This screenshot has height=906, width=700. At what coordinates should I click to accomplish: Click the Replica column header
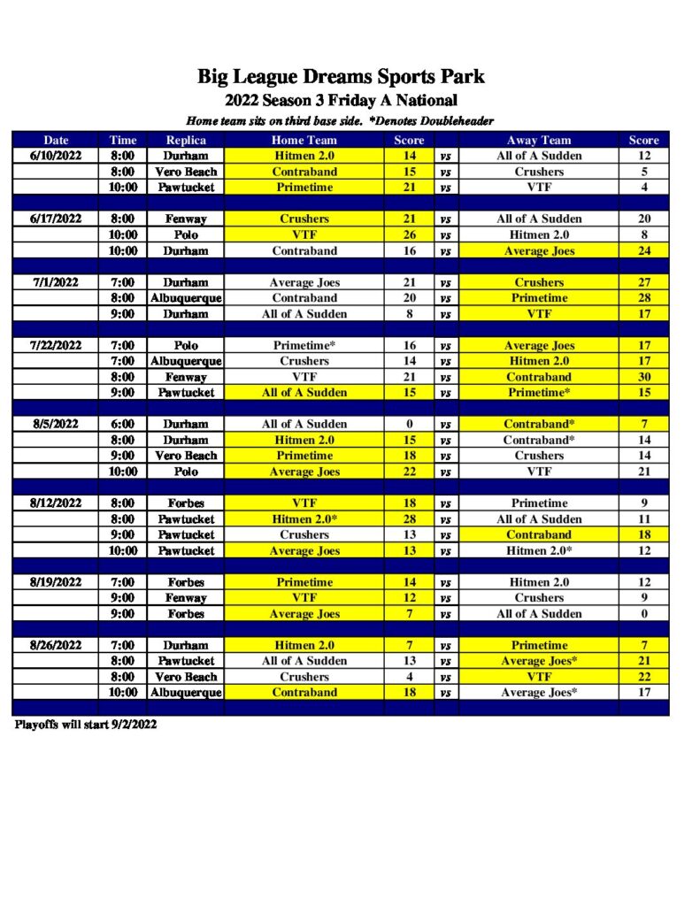pyautogui.click(x=186, y=140)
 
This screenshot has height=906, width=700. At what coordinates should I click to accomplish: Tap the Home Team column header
pyautogui.click(x=304, y=140)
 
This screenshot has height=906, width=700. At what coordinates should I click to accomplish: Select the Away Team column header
pyautogui.click(x=539, y=140)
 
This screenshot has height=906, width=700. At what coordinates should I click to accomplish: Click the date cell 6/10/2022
pyautogui.click(x=55, y=156)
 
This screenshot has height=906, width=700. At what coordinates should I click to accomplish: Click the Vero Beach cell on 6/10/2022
pyautogui.click(x=186, y=172)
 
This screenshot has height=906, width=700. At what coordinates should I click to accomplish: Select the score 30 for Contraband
pyautogui.click(x=644, y=377)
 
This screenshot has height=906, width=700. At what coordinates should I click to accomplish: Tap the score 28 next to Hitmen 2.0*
pyautogui.click(x=409, y=519)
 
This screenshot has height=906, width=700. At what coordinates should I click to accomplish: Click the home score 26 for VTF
pyautogui.click(x=409, y=235)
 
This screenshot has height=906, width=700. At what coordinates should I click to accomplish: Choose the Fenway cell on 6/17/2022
pyautogui.click(x=186, y=219)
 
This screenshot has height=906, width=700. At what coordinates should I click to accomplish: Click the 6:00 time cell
pyautogui.click(x=123, y=425)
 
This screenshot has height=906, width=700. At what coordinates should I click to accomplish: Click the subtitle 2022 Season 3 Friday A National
pyautogui.click(x=341, y=100)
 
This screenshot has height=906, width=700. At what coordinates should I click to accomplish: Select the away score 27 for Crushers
pyautogui.click(x=644, y=283)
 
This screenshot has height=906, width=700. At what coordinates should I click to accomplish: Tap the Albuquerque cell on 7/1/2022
pyautogui.click(x=186, y=298)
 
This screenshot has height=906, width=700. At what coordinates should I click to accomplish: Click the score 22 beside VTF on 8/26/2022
pyautogui.click(x=644, y=677)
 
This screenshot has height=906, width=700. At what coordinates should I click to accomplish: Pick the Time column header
pyautogui.click(x=123, y=140)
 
